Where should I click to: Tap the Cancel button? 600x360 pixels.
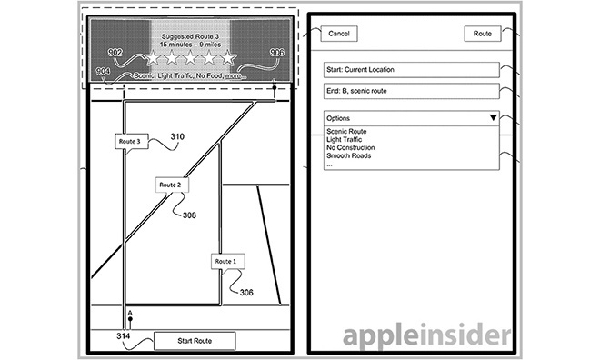coord(339,34)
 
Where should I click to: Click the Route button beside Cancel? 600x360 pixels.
coord(483,34)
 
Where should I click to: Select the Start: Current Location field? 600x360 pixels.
coord(411,70)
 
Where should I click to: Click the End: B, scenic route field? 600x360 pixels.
coord(411,91)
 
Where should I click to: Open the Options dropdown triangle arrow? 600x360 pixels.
coord(494,117)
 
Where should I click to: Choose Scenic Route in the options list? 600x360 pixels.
coord(346,131)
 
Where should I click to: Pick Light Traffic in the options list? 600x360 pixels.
coord(344,139)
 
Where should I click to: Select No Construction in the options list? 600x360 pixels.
coord(351,147)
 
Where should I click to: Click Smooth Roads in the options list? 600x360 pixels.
coord(348,155)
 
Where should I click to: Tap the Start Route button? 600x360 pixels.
coord(195,341)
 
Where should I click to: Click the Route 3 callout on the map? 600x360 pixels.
coord(130,142)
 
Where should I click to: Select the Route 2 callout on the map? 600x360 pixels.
coord(171,185)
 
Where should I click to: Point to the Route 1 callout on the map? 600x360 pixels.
coord(226,262)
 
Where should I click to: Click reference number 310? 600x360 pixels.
coord(177,136)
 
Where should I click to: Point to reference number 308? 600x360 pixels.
coord(189,215)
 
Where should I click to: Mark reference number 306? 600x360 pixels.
coord(246,293)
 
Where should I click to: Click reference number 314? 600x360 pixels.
coord(124,335)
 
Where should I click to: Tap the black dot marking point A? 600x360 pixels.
coord(131,319)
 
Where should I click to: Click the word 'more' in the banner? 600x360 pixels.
coord(234,75)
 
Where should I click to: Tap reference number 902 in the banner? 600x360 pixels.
coord(115,53)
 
